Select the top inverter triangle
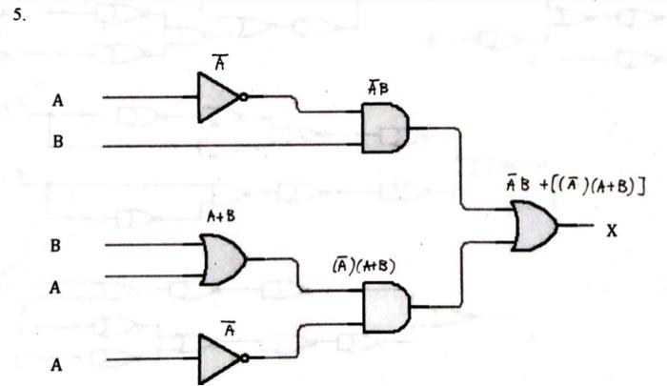click(x=216, y=97)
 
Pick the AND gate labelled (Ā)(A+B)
click(x=385, y=307)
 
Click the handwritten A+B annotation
click(x=220, y=216)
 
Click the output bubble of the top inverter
click(x=245, y=97)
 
